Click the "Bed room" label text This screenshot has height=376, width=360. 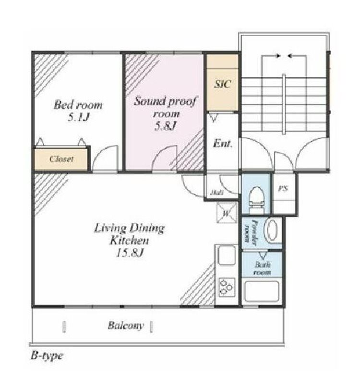[78, 105]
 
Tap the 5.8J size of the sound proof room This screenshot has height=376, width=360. [166, 126]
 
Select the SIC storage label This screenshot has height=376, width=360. [223, 84]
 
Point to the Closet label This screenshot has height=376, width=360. [61, 159]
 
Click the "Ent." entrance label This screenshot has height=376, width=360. [223, 144]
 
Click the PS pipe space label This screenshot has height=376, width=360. [283, 189]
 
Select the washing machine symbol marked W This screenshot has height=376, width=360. [227, 213]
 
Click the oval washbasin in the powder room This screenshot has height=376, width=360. [272, 230]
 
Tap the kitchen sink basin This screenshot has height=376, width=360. [227, 255]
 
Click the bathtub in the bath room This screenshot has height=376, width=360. [262, 291]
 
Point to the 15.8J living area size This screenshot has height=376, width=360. [130, 253]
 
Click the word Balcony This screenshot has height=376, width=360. [126, 326]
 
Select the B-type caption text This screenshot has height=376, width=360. [47, 355]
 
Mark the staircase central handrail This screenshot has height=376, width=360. [284, 104]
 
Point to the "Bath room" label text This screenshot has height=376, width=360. [263, 268]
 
